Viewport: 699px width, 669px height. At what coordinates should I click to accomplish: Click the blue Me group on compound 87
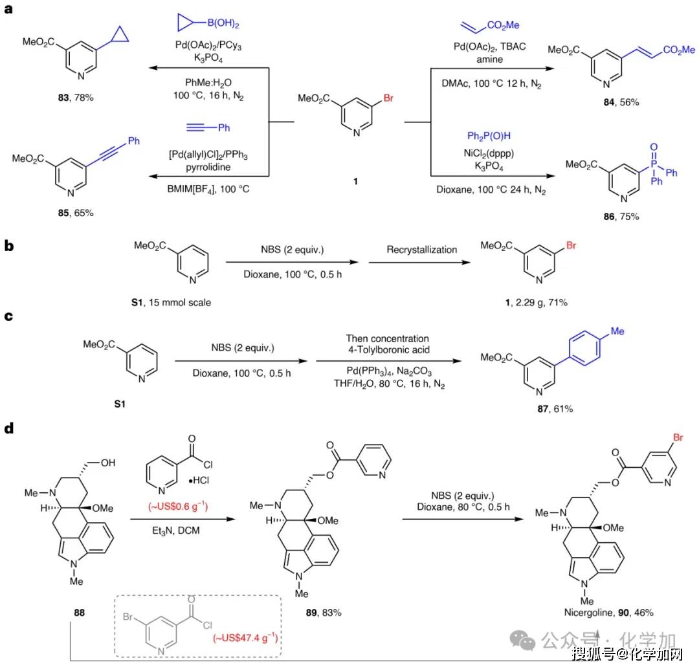click(617, 331)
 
